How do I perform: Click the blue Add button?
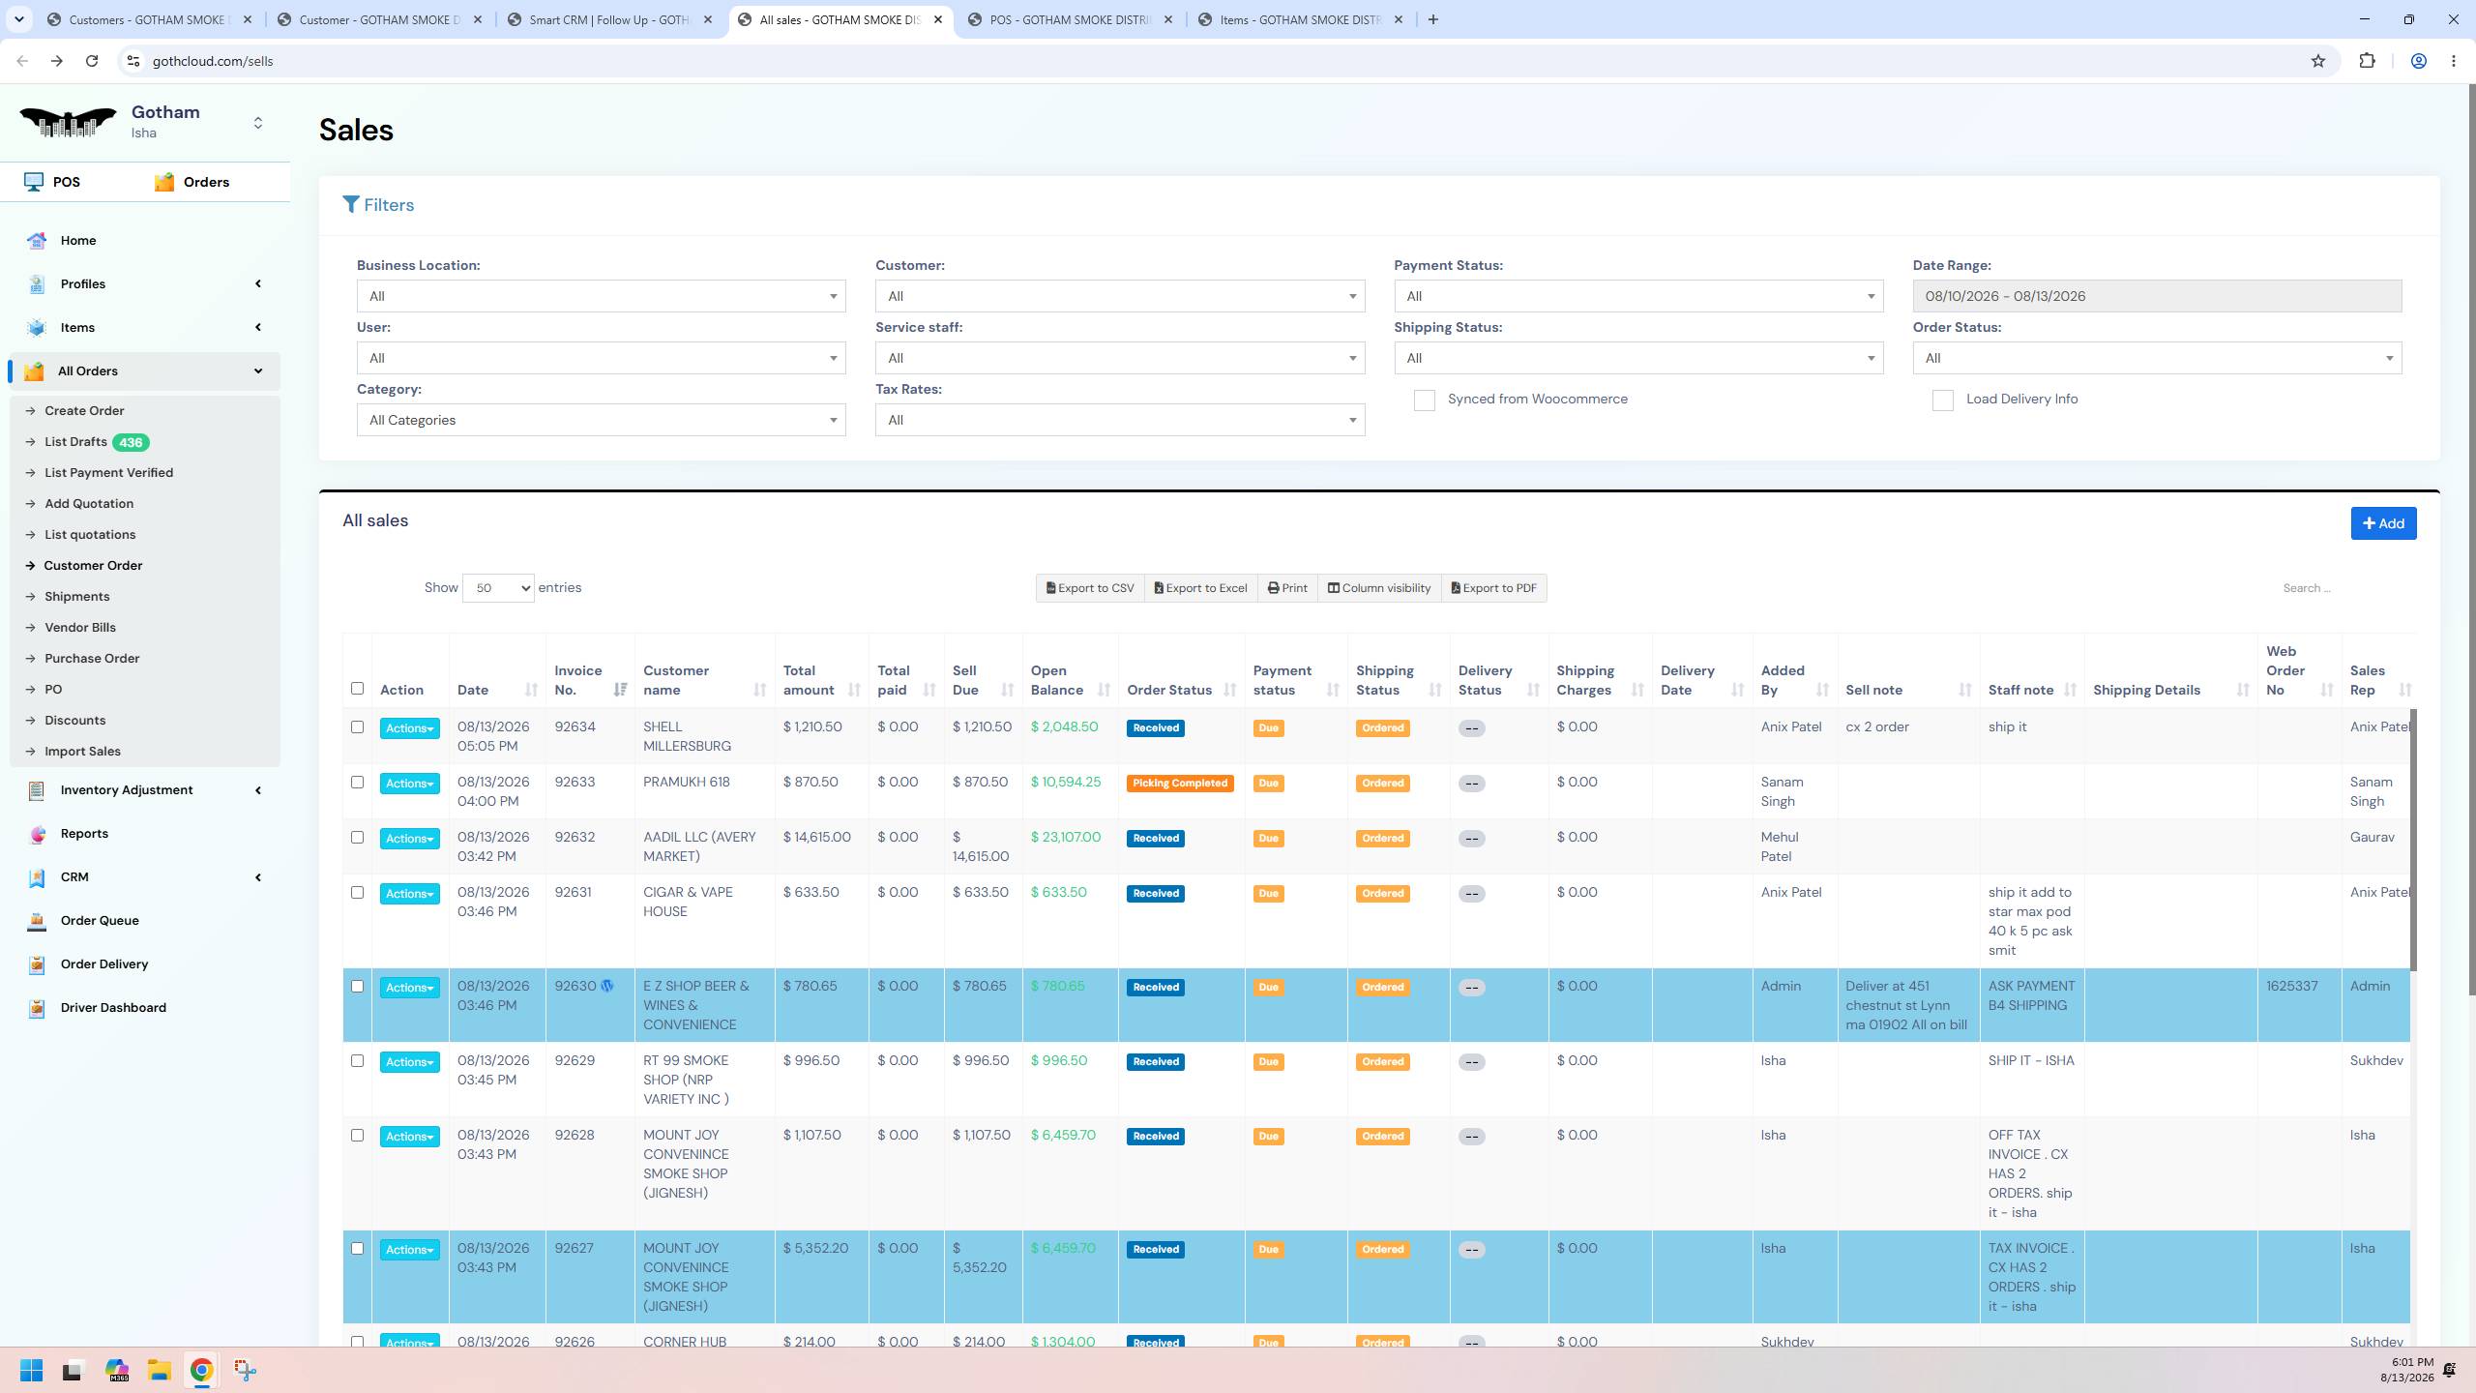click(2383, 523)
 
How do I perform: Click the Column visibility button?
click(1379, 588)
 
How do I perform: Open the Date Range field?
click(2157, 296)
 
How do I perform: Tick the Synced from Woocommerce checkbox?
click(1424, 400)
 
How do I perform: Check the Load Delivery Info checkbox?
click(1942, 400)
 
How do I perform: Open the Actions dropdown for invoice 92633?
click(409, 784)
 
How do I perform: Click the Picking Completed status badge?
click(1180, 784)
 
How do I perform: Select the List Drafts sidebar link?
click(75, 442)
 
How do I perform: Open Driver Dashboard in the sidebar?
click(113, 1008)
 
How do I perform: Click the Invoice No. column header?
click(578, 680)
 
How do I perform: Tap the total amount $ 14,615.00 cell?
click(817, 838)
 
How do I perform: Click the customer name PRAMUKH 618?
click(687, 783)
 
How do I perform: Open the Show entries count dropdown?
click(498, 588)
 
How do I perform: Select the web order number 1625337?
click(2292, 987)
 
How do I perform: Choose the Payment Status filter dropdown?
click(1638, 296)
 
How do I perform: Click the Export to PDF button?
click(1494, 588)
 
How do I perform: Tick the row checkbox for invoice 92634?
click(357, 727)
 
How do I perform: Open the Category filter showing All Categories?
click(601, 420)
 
